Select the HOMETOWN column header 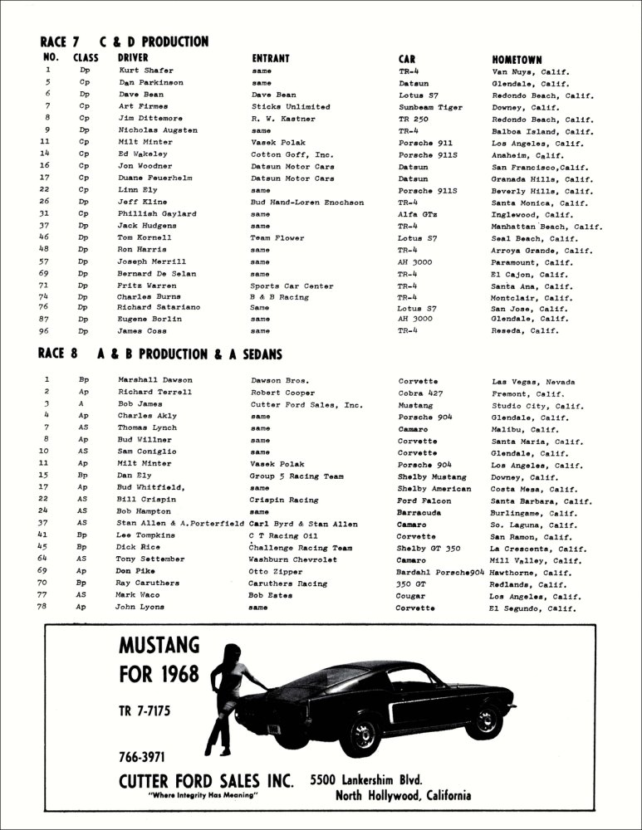[x=517, y=60]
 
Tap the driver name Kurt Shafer [x=145, y=71]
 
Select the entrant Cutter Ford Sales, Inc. [x=306, y=405]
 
